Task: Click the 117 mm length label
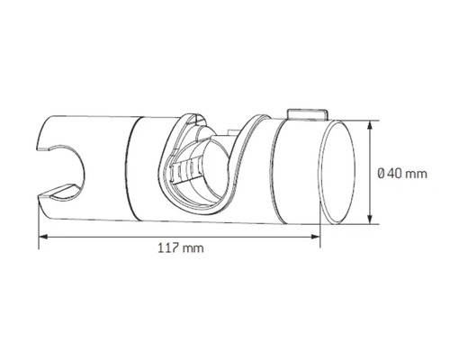pos(181,248)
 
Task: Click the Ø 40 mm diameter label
pos(402,174)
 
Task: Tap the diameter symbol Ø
pos(381,174)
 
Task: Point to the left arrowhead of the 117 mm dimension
pos(43,237)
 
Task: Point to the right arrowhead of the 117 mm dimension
pos(315,237)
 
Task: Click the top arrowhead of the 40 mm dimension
pos(371,125)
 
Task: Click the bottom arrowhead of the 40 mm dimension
pos(371,220)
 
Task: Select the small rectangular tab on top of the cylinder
pos(308,114)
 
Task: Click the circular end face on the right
pos(338,173)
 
